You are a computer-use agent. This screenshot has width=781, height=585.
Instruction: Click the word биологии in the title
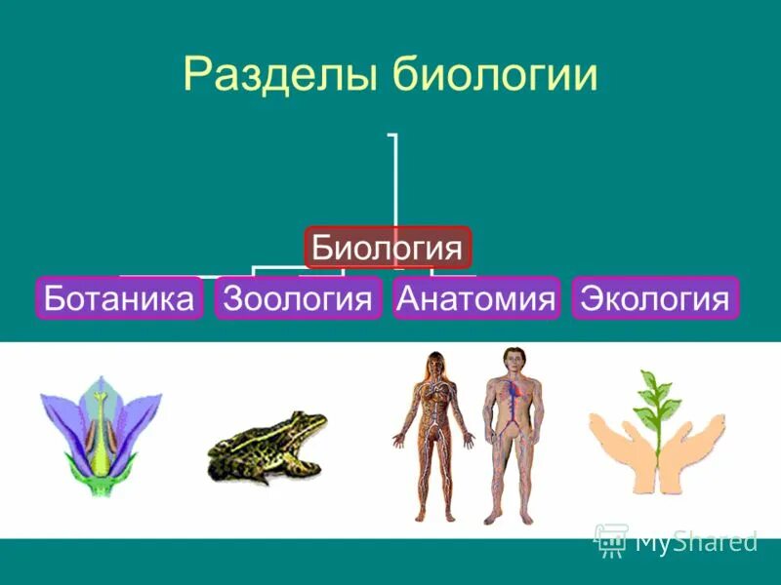coord(494,76)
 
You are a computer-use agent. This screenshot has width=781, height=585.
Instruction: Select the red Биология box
coord(389,248)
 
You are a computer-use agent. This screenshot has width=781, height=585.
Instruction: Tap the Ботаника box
coord(119,298)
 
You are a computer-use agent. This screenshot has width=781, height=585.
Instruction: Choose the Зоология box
coord(299,298)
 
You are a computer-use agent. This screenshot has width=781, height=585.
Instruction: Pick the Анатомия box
coord(476,298)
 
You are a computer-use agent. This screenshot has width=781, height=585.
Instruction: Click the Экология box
coord(655,298)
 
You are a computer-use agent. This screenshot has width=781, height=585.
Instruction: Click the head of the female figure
coord(432,364)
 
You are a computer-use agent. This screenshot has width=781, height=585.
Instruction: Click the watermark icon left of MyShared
coord(611,539)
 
